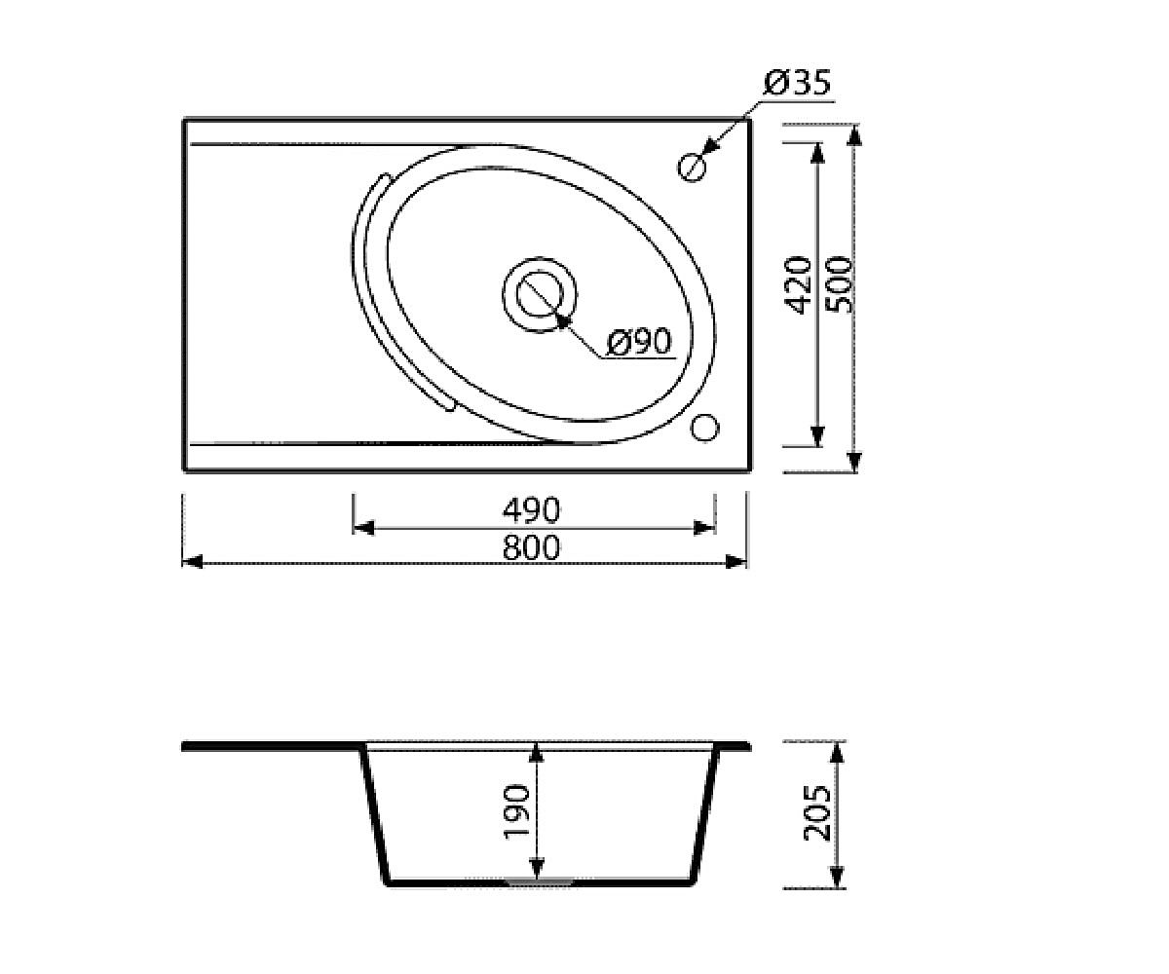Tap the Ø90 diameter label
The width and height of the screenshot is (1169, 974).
point(639,341)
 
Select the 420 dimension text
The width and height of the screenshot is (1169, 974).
point(798,285)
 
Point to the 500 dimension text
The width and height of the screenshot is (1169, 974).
point(838,284)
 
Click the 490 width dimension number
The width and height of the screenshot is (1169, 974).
point(531,510)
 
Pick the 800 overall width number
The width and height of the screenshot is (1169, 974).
point(531,547)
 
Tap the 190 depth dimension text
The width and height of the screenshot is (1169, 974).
point(516,811)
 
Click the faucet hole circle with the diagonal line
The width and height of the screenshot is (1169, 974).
point(692,167)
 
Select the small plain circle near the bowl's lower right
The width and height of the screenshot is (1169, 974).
point(704,429)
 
